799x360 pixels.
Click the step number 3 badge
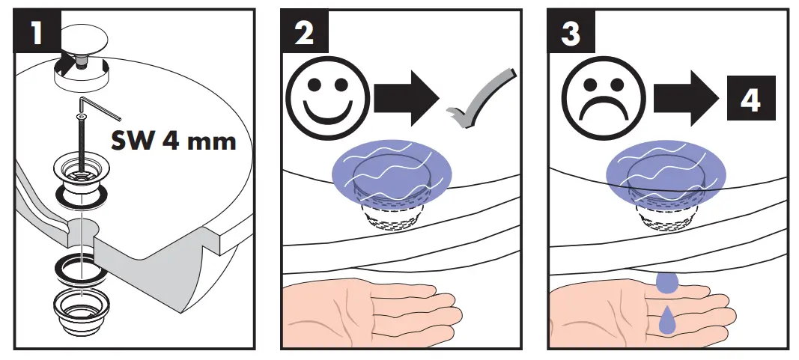click(571, 32)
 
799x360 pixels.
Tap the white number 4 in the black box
click(750, 100)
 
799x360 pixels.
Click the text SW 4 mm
click(174, 140)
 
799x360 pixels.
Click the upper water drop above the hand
click(666, 282)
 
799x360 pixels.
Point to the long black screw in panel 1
click(79, 138)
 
